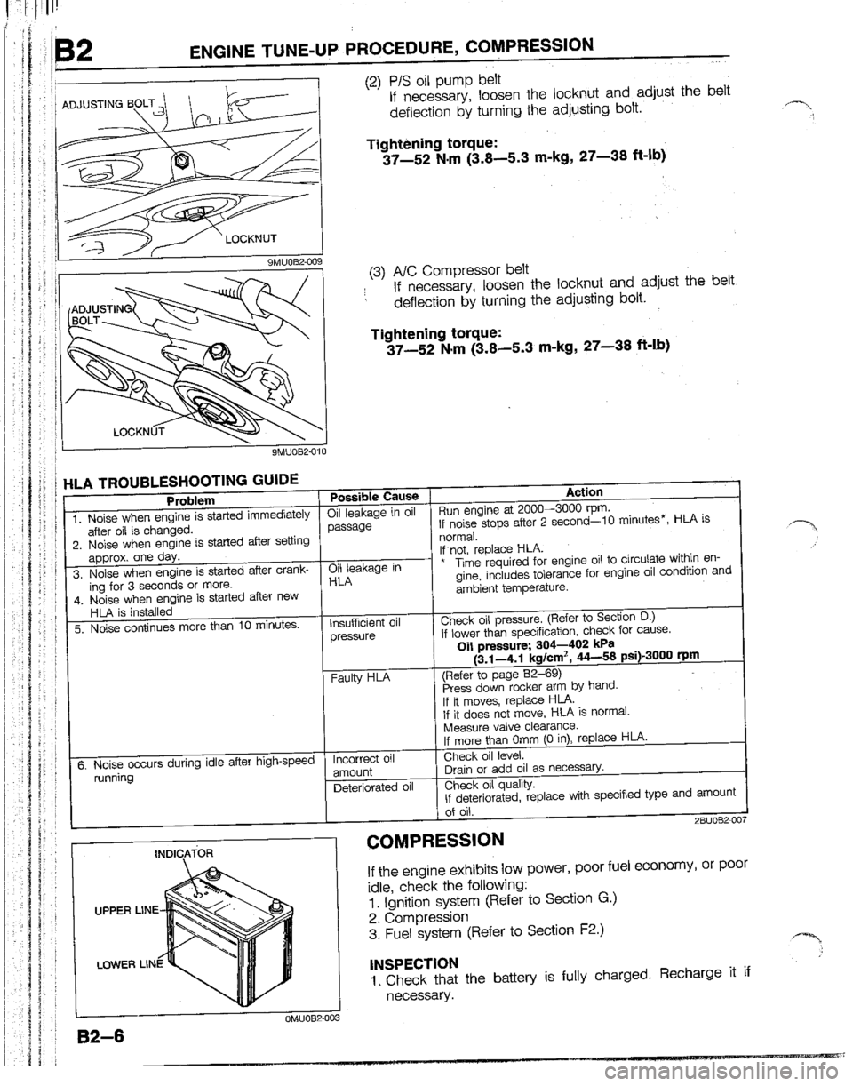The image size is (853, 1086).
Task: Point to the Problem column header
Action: pyautogui.click(x=188, y=499)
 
